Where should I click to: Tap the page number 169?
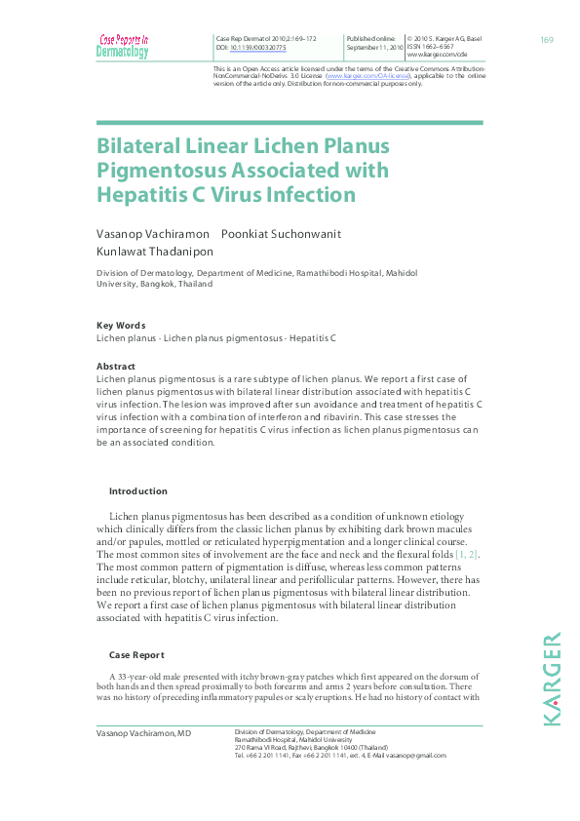coord(546,39)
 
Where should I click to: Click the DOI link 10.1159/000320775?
coord(252,47)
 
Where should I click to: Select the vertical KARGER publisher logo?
coord(552,678)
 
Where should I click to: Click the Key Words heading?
coord(121,326)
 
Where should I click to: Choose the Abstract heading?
coord(116,367)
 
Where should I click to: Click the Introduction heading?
coord(137,491)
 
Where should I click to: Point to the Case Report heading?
coord(136,654)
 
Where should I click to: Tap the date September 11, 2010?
coord(374,47)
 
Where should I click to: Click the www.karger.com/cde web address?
coord(437,55)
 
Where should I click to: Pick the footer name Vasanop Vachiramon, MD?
coord(143,732)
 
